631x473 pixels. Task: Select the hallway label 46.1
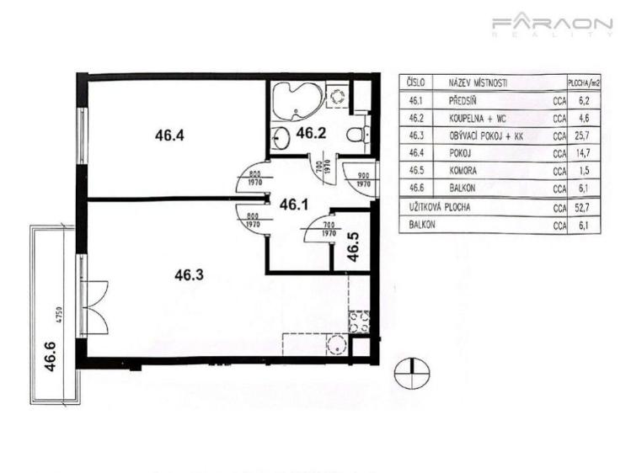point(294,203)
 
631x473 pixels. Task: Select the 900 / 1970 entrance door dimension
point(364,178)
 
